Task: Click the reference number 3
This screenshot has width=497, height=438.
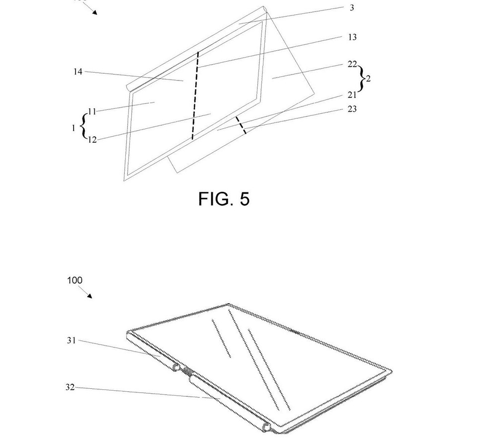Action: tap(352, 7)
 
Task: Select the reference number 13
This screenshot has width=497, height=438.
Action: tap(352, 37)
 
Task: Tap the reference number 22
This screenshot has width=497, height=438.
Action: tap(352, 65)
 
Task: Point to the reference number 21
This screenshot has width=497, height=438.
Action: tap(352, 95)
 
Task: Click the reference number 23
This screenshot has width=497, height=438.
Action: tap(352, 109)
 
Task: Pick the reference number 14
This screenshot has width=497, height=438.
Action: tap(78, 72)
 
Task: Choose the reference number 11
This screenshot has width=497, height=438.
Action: tap(92, 111)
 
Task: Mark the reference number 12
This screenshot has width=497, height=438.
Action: tap(92, 140)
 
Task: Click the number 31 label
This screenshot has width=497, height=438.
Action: tap(72, 341)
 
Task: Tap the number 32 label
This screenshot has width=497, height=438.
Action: tap(70, 387)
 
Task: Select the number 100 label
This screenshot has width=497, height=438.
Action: tap(75, 280)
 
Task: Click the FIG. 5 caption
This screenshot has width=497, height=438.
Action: tap(224, 199)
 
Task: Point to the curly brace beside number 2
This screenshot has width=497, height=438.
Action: tap(362, 79)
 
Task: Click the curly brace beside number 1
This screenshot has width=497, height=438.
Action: tap(83, 126)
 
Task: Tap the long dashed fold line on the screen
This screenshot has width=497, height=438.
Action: tap(195, 95)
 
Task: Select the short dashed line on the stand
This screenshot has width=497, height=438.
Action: tap(241, 125)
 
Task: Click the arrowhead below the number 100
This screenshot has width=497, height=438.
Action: tap(89, 296)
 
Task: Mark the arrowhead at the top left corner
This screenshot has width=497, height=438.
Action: tap(94, 12)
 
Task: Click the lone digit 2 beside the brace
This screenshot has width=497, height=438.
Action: tap(368, 79)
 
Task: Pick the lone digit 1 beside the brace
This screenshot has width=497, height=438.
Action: tap(74, 128)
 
